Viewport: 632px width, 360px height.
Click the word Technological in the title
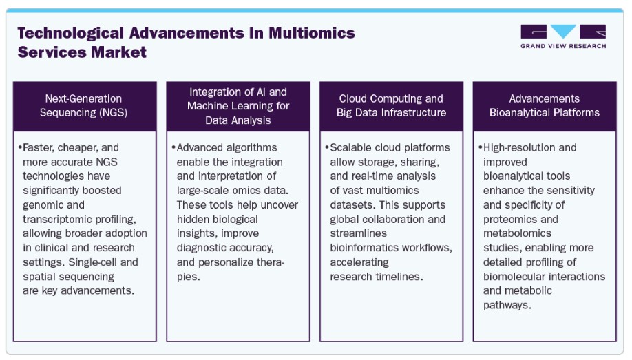[70, 34]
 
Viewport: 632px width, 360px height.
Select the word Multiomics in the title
[312, 32]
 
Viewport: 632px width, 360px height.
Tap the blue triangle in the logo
[563, 31]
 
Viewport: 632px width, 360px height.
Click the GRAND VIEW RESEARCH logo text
[563, 46]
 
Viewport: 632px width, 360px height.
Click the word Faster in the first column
[39, 148]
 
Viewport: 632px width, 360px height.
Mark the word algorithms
[251, 148]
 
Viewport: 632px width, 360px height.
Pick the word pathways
[507, 305]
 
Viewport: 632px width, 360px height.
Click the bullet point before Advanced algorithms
[173, 147]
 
